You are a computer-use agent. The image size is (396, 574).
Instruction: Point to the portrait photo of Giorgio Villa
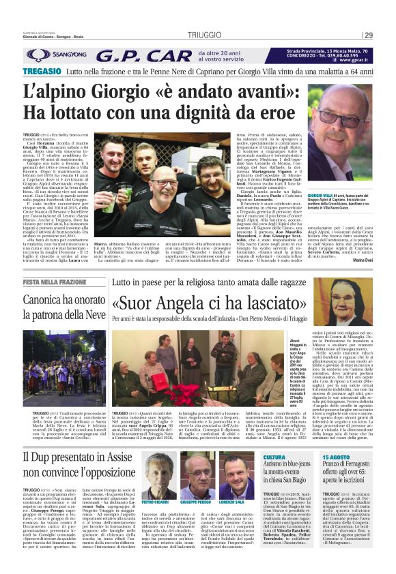pyautogui.click(x=349, y=133)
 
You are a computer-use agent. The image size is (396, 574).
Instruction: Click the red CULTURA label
pyautogui.click(x=274, y=457)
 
